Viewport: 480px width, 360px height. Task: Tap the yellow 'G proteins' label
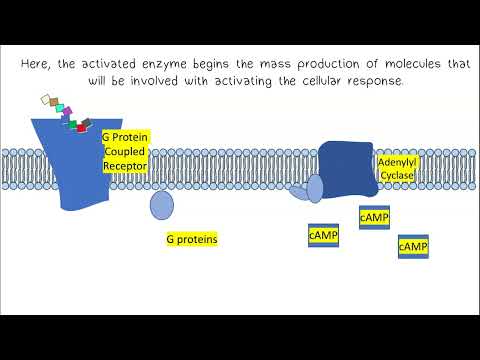click(x=191, y=240)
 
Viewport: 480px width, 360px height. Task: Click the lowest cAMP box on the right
click(x=413, y=246)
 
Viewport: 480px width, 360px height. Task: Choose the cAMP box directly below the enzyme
click(x=374, y=217)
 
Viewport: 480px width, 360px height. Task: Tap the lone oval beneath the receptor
click(x=161, y=205)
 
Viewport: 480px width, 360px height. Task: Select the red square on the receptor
click(x=81, y=127)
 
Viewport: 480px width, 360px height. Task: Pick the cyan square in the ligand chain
click(x=60, y=107)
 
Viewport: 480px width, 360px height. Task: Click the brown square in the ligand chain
click(x=51, y=102)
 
